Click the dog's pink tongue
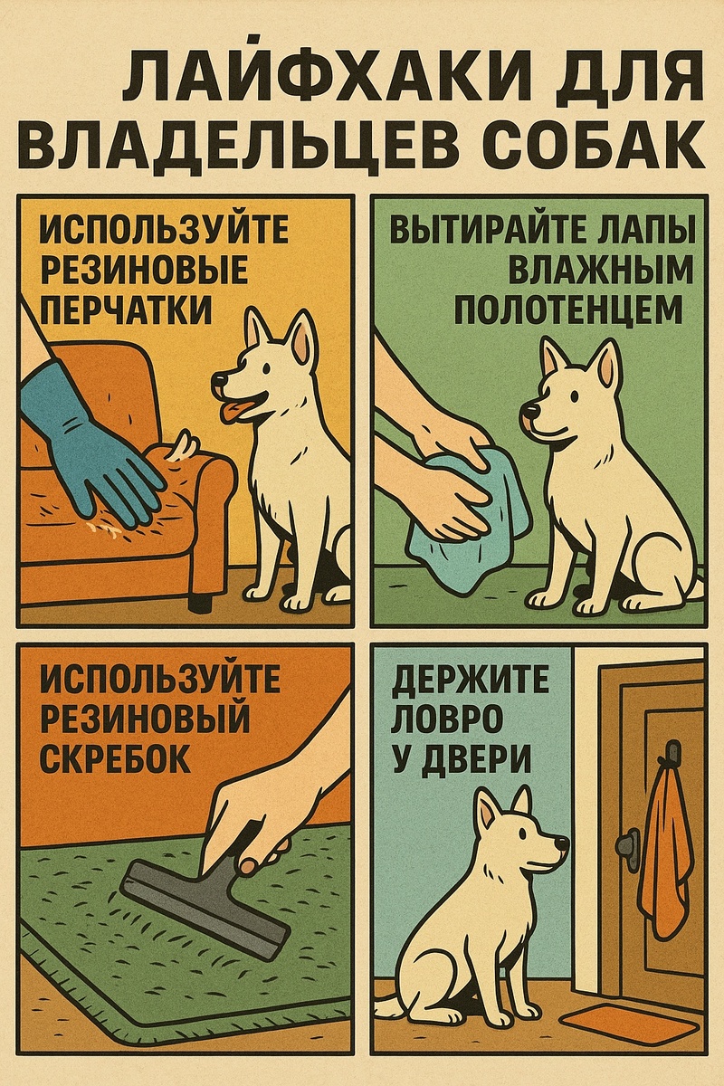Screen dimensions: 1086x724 point(234,413)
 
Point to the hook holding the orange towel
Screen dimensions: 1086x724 point(671,751)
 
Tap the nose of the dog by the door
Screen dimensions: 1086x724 point(562,845)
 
